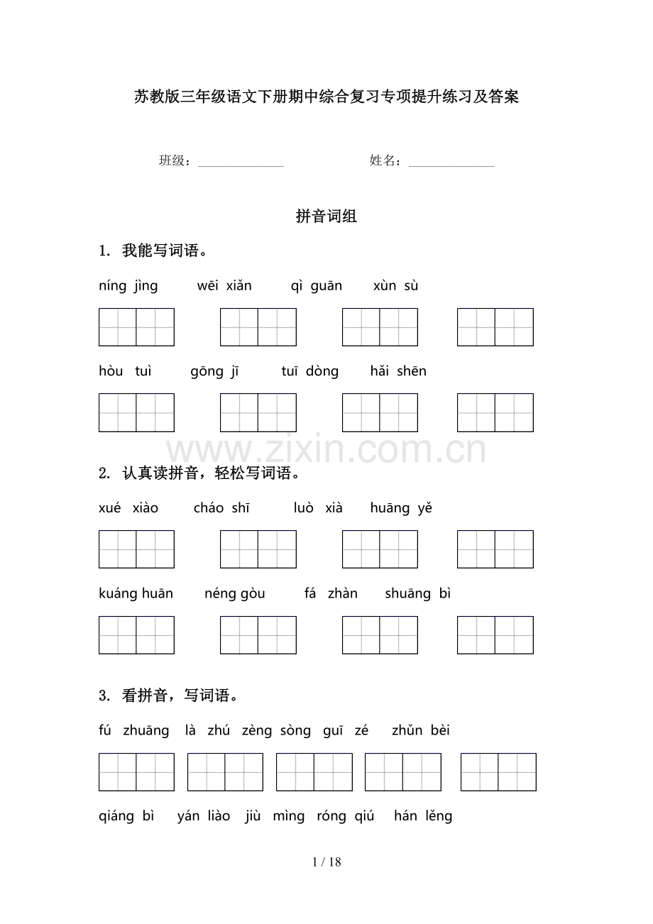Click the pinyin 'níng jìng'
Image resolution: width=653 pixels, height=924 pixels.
point(128,286)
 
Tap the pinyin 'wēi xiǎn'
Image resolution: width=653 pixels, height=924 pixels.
point(224,286)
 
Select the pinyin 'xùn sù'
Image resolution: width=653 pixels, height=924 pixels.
point(396,286)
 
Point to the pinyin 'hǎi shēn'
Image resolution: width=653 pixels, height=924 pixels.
point(398,371)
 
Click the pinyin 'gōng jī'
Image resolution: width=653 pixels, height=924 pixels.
point(215,371)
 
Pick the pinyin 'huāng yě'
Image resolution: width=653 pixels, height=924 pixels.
point(401,508)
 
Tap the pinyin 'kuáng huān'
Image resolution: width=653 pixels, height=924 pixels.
point(136,594)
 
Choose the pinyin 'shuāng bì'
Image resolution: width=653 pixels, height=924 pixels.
point(418,594)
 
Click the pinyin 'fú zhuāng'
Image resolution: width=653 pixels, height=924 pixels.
point(134,731)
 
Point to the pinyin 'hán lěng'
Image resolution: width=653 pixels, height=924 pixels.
point(423,816)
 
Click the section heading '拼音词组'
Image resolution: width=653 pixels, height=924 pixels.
point(326,217)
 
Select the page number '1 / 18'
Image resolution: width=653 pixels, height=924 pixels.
point(326,862)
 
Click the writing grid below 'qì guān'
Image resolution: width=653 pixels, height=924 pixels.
point(380,327)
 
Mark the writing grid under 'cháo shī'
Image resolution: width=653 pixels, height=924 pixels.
point(258,549)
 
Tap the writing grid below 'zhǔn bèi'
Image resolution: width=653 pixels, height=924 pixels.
point(498,772)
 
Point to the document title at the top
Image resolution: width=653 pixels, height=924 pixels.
point(326,97)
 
